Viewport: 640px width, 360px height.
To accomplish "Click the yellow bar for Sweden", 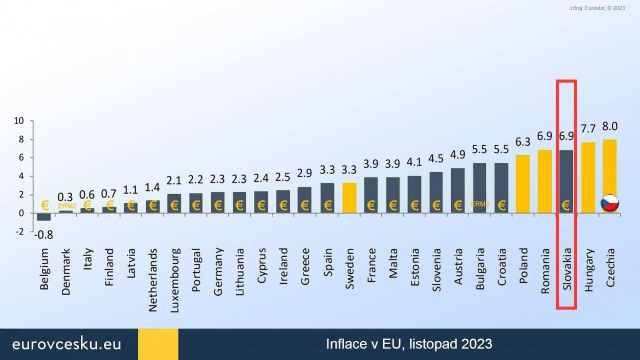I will tap(350, 197).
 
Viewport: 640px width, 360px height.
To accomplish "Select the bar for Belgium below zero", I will tap(44, 217).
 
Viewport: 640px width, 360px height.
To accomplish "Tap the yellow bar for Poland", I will tap(523, 183).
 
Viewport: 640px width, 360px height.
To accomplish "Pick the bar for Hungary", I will tap(588, 177).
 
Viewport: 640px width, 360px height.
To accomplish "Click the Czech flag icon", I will tap(610, 203).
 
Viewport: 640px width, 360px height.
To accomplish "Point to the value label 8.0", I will tap(610, 126).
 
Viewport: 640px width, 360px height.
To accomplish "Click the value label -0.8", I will tap(44, 235).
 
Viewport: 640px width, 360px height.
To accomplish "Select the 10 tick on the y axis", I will tap(19, 121).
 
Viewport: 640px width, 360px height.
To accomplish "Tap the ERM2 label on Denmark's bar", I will tap(67, 206).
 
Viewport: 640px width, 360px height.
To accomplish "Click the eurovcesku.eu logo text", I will tap(67, 344).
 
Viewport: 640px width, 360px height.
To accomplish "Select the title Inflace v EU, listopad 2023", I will tap(409, 343).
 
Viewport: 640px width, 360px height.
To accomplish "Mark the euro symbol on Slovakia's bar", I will tap(566, 205).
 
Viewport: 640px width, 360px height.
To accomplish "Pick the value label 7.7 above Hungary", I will tap(588, 129).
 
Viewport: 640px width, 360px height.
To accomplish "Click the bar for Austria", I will tap(458, 189).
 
